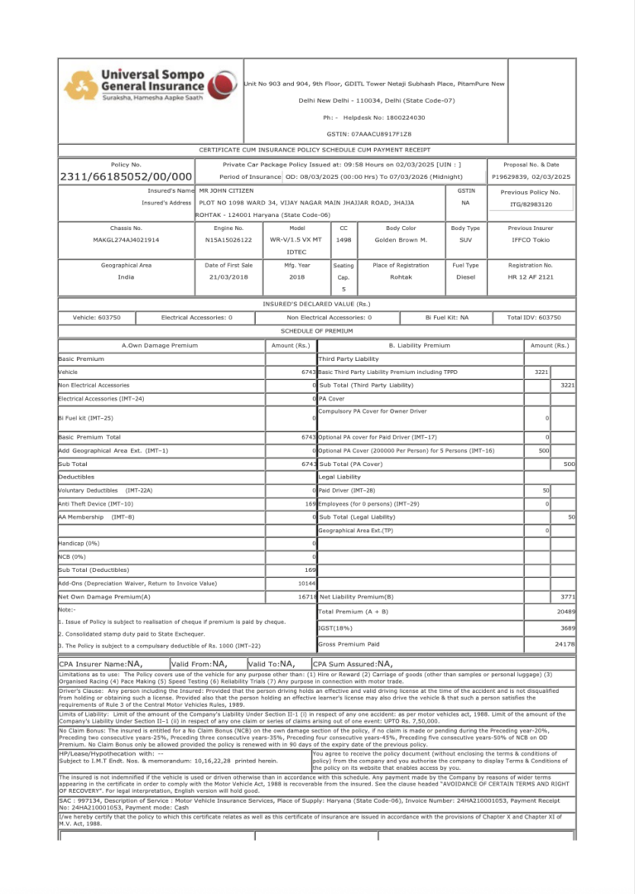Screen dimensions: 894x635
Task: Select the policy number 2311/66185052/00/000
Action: click(126, 177)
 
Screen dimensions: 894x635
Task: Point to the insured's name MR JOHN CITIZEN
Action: click(226, 190)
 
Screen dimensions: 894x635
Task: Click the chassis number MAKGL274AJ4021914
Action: click(126, 240)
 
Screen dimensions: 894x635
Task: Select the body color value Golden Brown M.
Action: click(401, 240)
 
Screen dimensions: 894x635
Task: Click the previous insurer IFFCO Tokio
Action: click(530, 240)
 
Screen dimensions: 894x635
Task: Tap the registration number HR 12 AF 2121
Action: click(530, 277)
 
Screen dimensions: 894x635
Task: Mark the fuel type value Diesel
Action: click(465, 277)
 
